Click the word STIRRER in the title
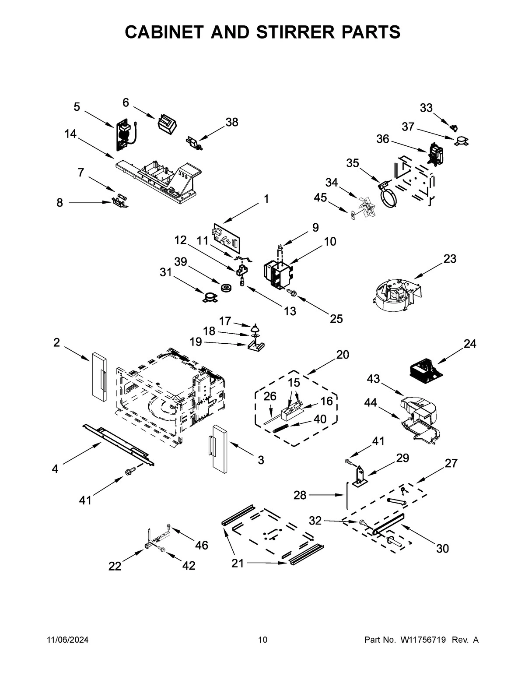pyautogui.click(x=286, y=32)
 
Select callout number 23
pyautogui.click(x=449, y=259)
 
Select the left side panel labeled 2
pyautogui.click(x=98, y=376)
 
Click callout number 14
pyautogui.click(x=70, y=134)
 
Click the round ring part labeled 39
pyautogui.click(x=227, y=288)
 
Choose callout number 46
pyautogui.click(x=202, y=545)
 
